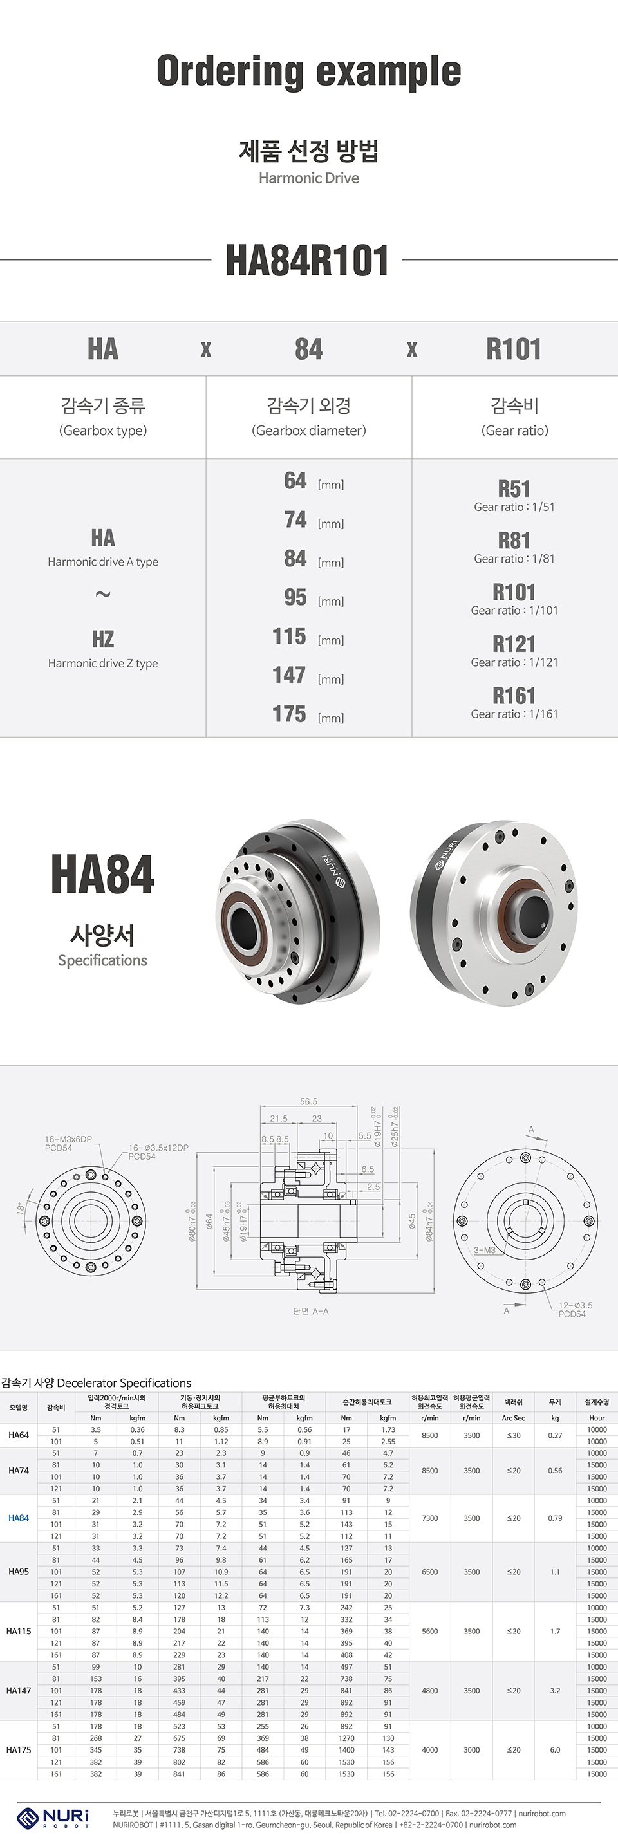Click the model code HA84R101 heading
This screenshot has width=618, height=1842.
[x=308, y=260]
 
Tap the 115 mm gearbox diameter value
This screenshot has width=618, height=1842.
[x=290, y=636]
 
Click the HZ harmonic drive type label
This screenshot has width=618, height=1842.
[x=103, y=639]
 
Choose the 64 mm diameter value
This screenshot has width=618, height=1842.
[x=295, y=481]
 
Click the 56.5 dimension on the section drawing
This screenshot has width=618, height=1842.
[x=308, y=1101]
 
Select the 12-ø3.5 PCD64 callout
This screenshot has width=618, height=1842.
[x=574, y=1309]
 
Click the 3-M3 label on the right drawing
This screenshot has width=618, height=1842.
[x=484, y=1250]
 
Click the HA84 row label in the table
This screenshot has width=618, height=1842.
[x=19, y=1518]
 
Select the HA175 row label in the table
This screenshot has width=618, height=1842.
[x=19, y=1750]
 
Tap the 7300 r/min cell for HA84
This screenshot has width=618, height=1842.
[x=430, y=1518]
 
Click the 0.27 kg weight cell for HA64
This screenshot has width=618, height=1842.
[x=555, y=1435]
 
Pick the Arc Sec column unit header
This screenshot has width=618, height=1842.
[x=513, y=1418]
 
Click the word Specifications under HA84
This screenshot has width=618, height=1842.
[x=102, y=960]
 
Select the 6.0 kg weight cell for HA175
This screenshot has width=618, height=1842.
[x=555, y=1750]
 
